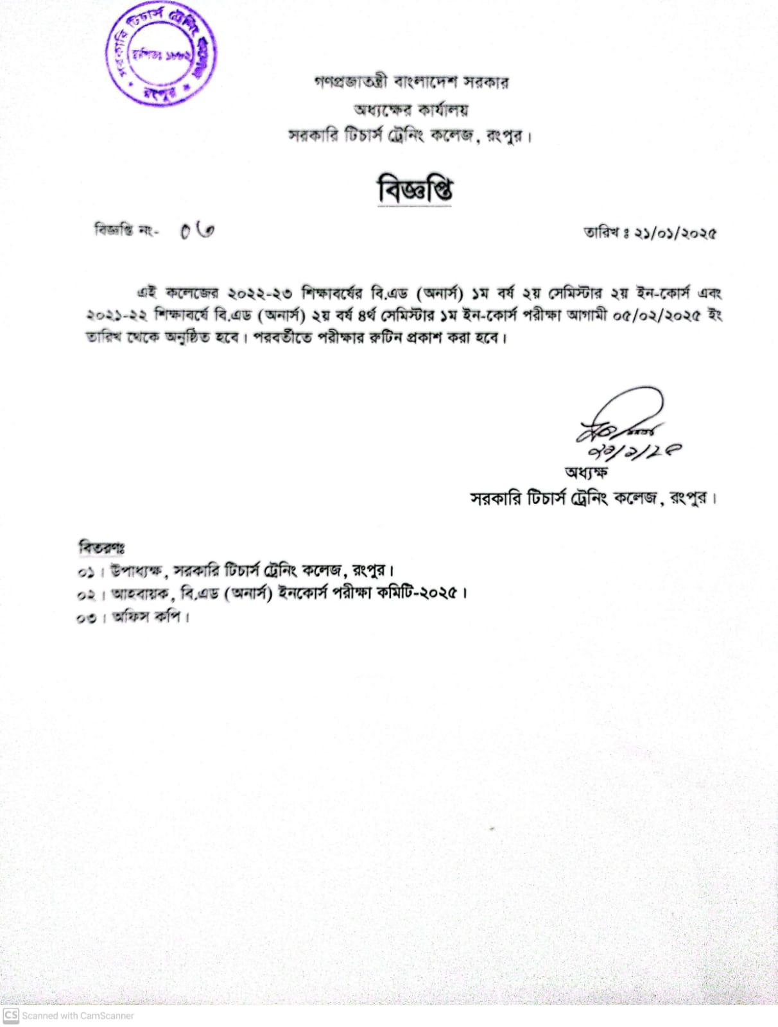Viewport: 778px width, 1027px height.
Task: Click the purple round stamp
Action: [x=160, y=56]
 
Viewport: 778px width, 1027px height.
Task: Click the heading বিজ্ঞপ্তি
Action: [x=414, y=191]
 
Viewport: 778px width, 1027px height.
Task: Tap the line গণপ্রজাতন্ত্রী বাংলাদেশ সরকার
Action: [x=411, y=83]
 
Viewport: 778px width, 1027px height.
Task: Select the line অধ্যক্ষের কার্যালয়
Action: [x=411, y=110]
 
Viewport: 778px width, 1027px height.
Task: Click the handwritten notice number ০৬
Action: [x=196, y=231]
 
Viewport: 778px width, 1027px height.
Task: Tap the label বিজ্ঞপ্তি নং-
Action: [x=126, y=230]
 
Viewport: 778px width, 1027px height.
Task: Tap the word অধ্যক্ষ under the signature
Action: [x=586, y=472]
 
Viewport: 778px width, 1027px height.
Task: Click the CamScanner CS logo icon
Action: [x=11, y=1015]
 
